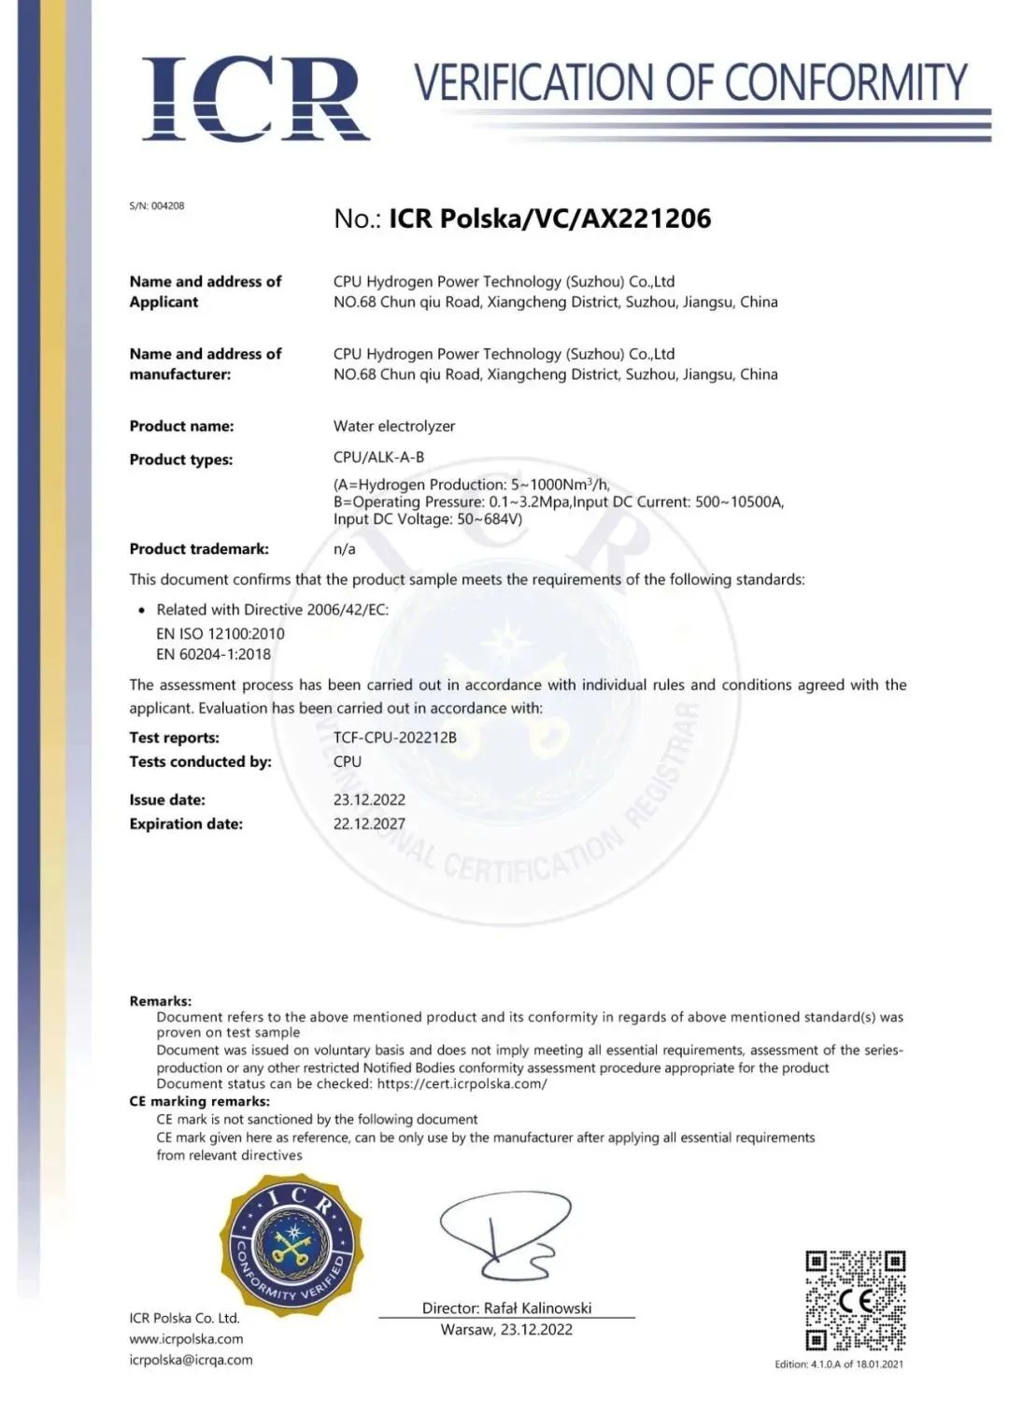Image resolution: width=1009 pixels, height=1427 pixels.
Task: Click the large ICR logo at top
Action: coord(255,99)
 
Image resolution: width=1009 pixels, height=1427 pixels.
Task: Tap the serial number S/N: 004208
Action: coord(157,205)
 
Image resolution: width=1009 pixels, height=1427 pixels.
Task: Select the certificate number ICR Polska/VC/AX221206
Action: coord(550,219)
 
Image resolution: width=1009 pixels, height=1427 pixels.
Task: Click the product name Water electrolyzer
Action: coord(394,426)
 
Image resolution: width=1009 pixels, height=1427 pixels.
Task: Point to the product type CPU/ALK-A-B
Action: coord(378,457)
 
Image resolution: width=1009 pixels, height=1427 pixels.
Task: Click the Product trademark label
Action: coord(199,549)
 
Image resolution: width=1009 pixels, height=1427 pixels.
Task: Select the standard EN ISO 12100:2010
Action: coord(220,633)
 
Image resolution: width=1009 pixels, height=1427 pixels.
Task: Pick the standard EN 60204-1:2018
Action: coord(214,654)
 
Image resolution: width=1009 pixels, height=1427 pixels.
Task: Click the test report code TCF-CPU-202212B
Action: coord(395,738)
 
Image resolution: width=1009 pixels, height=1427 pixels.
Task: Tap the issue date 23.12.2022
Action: coord(369,799)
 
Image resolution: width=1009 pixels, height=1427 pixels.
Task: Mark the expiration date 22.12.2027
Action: coord(369,824)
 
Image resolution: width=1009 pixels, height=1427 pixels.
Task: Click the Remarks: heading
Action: coord(161,1001)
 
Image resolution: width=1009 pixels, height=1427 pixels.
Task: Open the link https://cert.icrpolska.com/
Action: coord(462,1084)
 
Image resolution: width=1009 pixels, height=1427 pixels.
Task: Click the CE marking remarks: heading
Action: coord(199,1101)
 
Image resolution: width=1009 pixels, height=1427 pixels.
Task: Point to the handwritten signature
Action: coord(504,1237)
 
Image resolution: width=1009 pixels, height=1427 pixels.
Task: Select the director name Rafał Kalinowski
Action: coord(537,1308)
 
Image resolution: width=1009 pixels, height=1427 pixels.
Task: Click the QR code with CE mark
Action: coord(855,1301)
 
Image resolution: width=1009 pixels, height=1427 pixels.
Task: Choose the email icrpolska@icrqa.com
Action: coord(191,1360)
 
